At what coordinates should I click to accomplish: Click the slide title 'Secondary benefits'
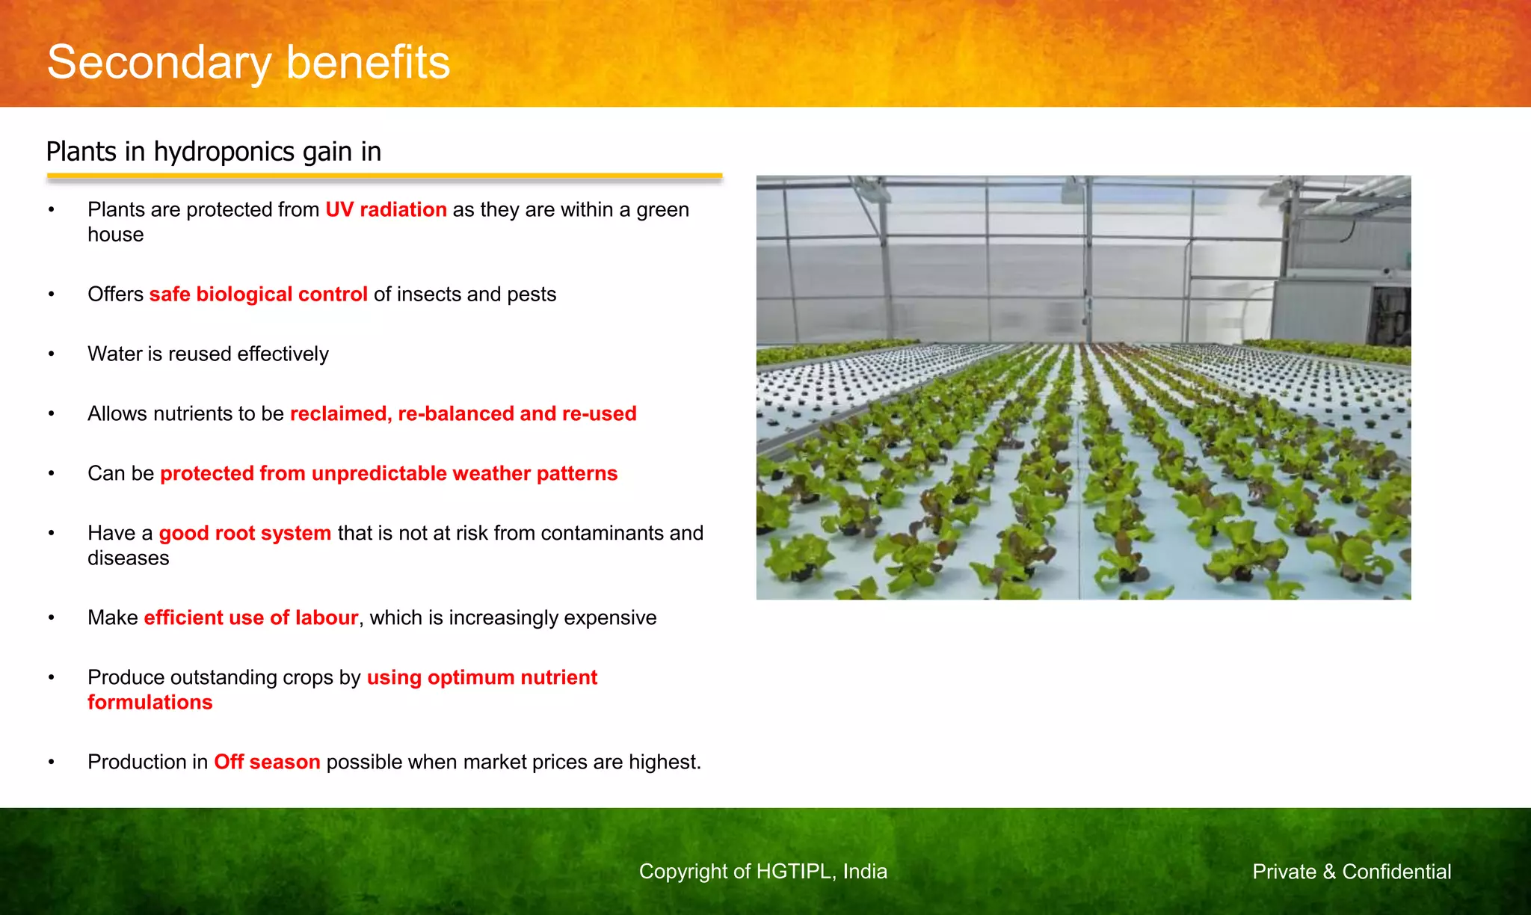click(248, 63)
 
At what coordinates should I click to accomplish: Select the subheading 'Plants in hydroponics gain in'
click(214, 152)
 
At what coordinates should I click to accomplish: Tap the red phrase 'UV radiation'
click(386, 209)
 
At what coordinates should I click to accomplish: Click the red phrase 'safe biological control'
click(258, 295)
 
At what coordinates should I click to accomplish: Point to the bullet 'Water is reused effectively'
click(208, 354)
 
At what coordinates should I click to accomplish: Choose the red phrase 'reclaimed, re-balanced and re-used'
click(463, 413)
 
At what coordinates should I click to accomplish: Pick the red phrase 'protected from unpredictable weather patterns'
click(389, 473)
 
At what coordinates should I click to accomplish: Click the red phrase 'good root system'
click(245, 533)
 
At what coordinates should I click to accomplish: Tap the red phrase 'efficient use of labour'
click(251, 617)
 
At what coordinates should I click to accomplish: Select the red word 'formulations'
click(150, 703)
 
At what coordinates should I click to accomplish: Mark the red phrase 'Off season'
click(267, 762)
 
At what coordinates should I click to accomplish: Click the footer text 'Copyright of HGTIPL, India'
click(763, 872)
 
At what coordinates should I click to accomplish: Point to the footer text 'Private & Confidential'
click(1352, 872)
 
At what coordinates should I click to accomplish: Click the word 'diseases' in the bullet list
click(129, 558)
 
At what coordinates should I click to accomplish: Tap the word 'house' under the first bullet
click(116, 235)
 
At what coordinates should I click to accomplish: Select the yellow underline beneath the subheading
click(384, 176)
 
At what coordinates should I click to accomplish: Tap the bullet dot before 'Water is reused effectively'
click(52, 354)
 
